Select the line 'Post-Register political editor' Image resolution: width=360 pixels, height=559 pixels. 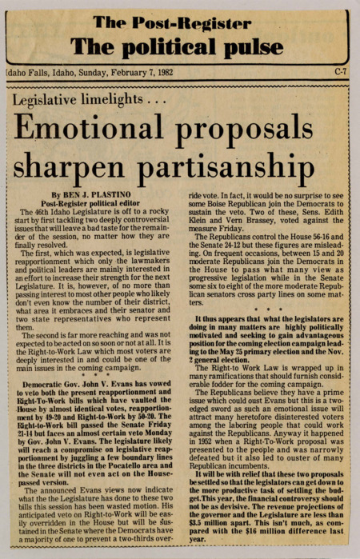[93, 204]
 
